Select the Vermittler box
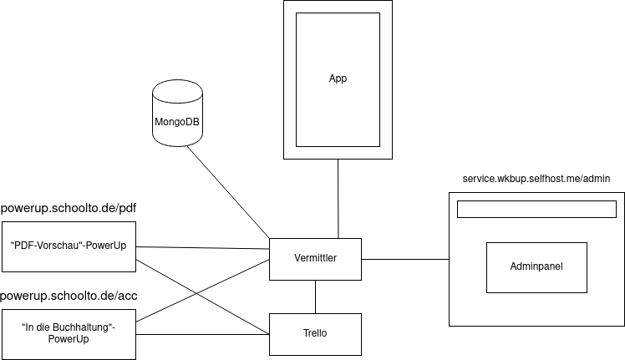click(x=315, y=259)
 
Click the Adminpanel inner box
click(x=536, y=267)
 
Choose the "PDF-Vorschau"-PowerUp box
click(x=69, y=246)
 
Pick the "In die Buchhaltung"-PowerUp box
click(x=69, y=334)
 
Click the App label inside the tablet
click(x=338, y=79)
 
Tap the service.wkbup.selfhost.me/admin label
click(x=536, y=179)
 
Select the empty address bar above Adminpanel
click(x=536, y=209)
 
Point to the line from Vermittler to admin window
click(x=404, y=259)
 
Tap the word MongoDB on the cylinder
click(x=177, y=122)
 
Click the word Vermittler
click(x=315, y=259)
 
